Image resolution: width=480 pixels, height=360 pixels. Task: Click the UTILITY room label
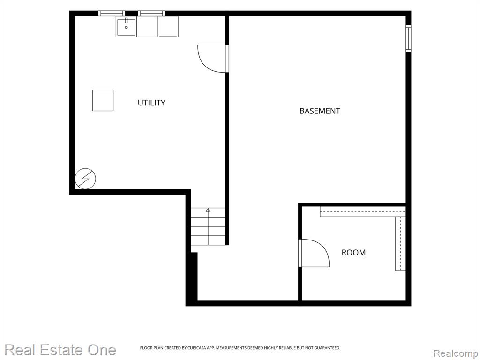(x=151, y=103)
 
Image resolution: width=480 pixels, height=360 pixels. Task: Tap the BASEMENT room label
(x=320, y=111)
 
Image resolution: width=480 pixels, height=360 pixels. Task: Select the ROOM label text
(x=353, y=253)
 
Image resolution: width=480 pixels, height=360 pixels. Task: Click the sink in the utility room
(x=126, y=27)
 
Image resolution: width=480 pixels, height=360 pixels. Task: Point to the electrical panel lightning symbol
(x=85, y=178)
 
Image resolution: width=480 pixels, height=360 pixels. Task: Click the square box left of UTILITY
(x=103, y=100)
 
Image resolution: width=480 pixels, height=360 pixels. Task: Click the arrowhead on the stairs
(x=208, y=210)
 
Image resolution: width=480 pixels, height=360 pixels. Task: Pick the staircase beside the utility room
(x=208, y=226)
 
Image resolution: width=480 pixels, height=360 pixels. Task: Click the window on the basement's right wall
(x=408, y=38)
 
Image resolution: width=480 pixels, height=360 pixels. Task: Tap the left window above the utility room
(x=112, y=14)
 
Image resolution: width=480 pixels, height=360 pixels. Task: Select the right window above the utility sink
(x=151, y=14)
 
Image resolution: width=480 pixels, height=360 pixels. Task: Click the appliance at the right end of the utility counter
(x=168, y=27)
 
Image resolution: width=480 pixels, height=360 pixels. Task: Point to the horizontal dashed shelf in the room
(x=363, y=211)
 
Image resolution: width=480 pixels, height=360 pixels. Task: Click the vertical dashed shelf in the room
(x=400, y=244)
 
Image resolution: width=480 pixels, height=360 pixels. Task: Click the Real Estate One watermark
(x=60, y=350)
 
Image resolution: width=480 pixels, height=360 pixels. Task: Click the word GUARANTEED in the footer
(x=328, y=348)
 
